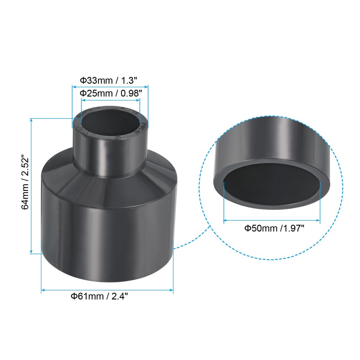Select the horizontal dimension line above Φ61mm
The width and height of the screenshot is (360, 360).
pos(107,289)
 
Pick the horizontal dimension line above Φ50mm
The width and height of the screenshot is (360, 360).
pos(272,220)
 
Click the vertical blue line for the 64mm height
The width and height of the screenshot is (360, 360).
pos(32,185)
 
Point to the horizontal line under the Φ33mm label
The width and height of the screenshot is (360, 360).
pos(110,86)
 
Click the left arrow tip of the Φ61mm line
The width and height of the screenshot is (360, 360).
pos(42,289)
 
